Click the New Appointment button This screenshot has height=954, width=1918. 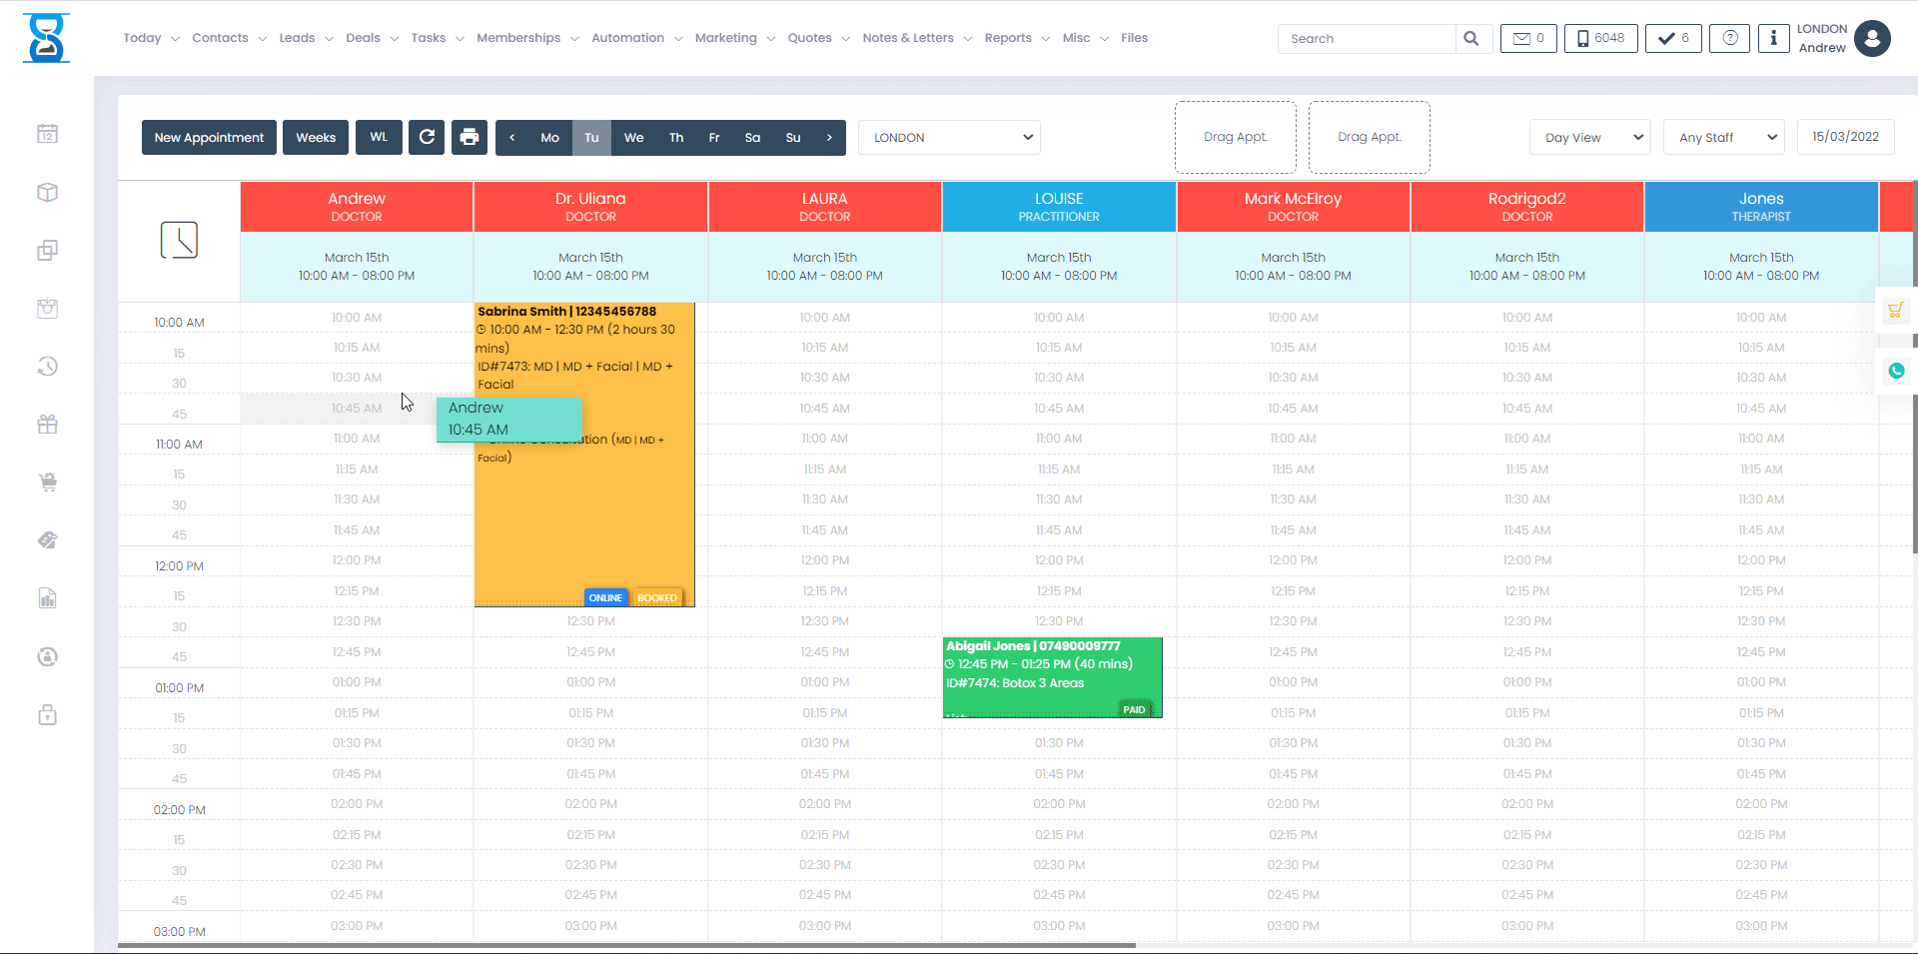(209, 138)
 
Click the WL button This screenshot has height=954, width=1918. (379, 138)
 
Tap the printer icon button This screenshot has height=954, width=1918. (470, 138)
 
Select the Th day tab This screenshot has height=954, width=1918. (676, 138)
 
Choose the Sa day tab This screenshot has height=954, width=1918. (752, 138)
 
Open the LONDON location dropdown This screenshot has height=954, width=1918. (949, 138)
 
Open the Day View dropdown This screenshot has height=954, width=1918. (1589, 138)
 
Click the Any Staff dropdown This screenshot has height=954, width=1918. (1723, 138)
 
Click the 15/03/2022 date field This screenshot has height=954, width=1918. (1845, 137)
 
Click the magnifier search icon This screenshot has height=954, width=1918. (1471, 39)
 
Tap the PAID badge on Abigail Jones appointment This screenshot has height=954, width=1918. (1134, 709)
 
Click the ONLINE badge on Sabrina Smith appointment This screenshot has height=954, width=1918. (605, 597)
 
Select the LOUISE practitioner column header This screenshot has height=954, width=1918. (1059, 207)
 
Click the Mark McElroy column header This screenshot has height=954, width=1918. (1293, 207)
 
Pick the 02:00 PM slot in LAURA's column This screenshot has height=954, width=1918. (825, 804)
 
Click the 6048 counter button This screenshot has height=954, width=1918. (1600, 39)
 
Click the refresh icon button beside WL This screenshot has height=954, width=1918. (427, 138)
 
